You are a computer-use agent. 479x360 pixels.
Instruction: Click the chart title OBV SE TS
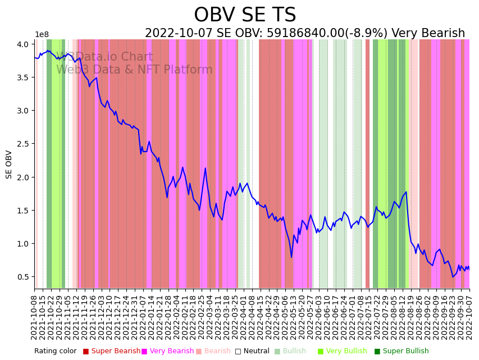[x=245, y=15]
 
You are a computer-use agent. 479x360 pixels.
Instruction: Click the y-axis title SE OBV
[x=9, y=164]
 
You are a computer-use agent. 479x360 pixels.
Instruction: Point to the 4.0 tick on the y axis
[x=24, y=44]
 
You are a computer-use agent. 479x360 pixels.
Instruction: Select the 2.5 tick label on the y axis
[x=24, y=144]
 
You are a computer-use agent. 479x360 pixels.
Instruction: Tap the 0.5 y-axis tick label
[x=24, y=277]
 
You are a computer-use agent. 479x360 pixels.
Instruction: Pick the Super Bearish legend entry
[x=111, y=351]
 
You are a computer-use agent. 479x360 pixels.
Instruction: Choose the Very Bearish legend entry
[x=167, y=351]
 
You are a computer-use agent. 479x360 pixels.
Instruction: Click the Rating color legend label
[x=55, y=351]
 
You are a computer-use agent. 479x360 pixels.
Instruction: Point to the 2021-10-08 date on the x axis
[x=35, y=316]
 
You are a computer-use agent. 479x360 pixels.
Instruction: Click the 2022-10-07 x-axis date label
[x=469, y=316]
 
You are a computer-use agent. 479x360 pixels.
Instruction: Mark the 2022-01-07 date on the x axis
[x=143, y=316]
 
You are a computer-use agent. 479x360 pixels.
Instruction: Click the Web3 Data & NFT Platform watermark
[x=134, y=70]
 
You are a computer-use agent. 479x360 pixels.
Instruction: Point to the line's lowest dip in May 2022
[x=291, y=257]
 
